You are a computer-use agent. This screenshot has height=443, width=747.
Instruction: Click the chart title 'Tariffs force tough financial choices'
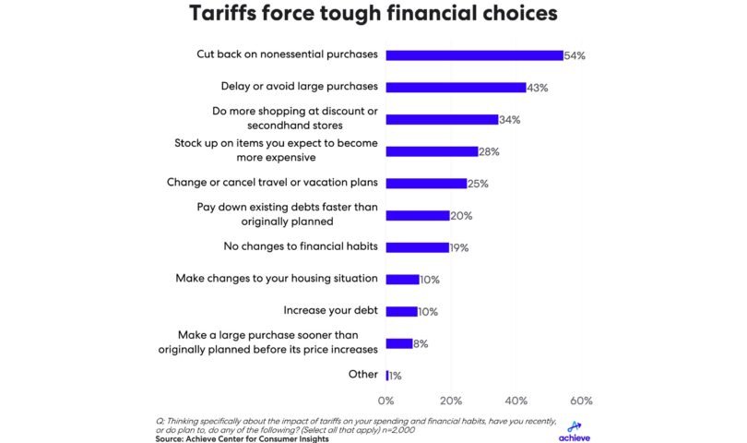tap(373, 15)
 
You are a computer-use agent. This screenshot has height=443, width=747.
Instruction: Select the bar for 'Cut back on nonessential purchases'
tap(474, 55)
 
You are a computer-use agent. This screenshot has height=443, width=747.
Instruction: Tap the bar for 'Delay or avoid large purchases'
tap(456, 88)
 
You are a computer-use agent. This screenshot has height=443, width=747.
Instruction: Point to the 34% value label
tap(510, 120)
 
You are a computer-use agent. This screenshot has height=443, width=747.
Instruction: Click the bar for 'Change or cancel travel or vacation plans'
tap(426, 184)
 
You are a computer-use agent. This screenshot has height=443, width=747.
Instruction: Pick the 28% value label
tap(491, 151)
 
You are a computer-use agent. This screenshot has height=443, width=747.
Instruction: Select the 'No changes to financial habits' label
tap(301, 247)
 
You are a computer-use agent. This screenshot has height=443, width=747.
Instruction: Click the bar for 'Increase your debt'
tap(402, 311)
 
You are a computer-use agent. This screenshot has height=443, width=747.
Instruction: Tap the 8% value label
tap(421, 343)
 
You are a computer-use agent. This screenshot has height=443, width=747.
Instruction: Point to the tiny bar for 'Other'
tap(387, 375)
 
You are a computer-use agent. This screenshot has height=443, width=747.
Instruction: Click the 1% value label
tap(396, 376)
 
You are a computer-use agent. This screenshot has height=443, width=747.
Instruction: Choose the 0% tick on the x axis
tap(386, 401)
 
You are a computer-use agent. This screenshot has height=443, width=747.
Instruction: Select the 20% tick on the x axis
tap(451, 401)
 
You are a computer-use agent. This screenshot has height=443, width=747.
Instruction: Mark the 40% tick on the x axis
tap(516, 401)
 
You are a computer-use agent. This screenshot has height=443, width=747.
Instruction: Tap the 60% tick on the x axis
tap(581, 401)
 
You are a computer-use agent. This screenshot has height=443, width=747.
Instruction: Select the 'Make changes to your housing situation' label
tap(277, 279)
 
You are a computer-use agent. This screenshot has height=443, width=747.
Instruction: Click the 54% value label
tap(575, 56)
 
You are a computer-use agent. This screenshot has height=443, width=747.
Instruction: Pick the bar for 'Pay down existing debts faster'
tap(418, 216)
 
